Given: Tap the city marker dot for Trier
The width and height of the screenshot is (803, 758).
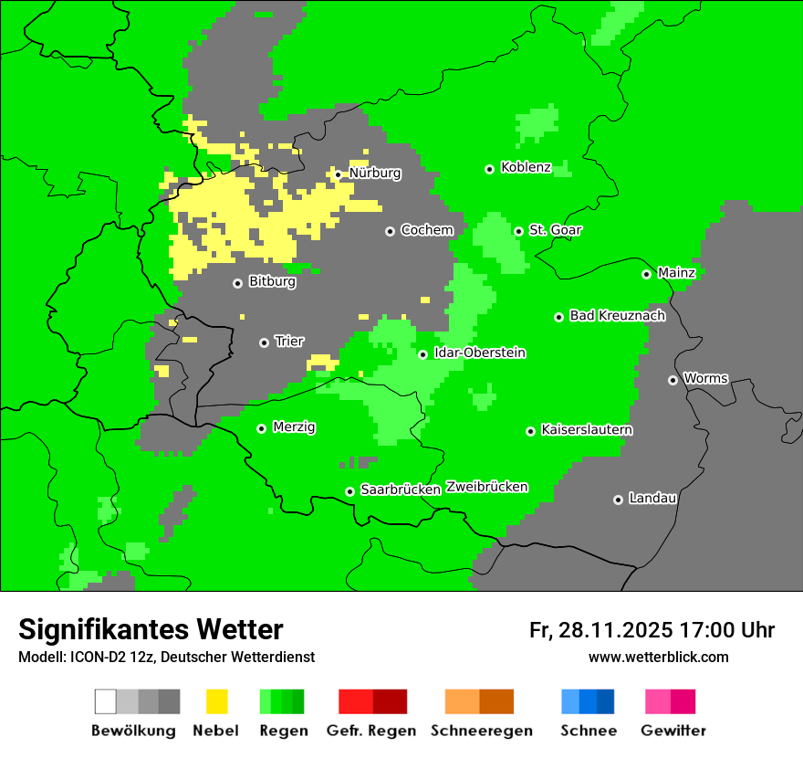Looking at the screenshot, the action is [264, 342].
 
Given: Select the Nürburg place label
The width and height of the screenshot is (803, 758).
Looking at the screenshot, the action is [374, 173].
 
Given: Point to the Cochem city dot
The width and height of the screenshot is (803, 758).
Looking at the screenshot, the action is [390, 231].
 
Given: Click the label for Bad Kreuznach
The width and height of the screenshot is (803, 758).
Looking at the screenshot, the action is [617, 316].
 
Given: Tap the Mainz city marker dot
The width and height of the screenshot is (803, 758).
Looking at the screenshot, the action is [646, 274].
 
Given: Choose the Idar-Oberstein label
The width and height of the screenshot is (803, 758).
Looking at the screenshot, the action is [480, 353].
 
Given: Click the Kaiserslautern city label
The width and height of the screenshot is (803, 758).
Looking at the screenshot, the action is [586, 429].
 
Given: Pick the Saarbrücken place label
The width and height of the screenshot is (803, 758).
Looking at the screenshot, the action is [400, 490].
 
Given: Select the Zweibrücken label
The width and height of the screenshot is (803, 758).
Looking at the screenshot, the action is [486, 487].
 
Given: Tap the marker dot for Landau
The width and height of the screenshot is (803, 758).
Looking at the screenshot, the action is [618, 500].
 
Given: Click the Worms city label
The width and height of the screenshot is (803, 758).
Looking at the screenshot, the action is [705, 378].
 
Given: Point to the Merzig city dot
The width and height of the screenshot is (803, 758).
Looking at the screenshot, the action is [261, 428].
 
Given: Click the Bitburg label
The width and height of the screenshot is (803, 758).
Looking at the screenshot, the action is [272, 281].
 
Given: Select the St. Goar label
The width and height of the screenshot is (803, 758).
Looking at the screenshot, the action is [555, 230].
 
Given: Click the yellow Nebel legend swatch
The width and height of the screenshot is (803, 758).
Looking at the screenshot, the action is [216, 701].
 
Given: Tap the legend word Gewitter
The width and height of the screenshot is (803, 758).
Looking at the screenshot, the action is [673, 731].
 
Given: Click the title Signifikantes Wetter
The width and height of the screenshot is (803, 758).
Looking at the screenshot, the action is [151, 629].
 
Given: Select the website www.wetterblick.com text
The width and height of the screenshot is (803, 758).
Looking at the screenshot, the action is [658, 657].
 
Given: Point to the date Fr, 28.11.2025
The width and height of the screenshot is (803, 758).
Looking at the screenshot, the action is [600, 630].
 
